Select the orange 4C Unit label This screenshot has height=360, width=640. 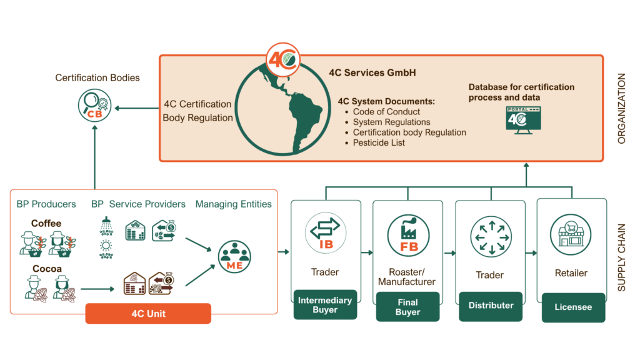click(148, 313)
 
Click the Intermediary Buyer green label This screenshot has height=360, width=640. click(325, 305)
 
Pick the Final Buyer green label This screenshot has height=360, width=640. click(407, 307)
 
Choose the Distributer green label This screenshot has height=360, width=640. click(491, 306)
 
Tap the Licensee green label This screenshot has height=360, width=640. click(573, 307)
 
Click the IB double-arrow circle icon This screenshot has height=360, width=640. click(326, 232)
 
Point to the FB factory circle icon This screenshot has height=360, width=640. click(408, 234)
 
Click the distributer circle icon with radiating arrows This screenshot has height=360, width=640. click(491, 236)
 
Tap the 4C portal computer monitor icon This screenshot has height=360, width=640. click(523, 119)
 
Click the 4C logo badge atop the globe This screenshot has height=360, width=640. click(283, 59)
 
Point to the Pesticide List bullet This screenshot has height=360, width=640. click(379, 142)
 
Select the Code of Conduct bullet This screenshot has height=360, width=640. click(386, 112)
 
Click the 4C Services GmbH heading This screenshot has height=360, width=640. click(372, 72)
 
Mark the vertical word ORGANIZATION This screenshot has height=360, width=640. click(621, 109)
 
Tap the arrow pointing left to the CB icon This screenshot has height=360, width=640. click(135, 109)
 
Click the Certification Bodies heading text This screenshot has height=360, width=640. click(97, 78)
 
